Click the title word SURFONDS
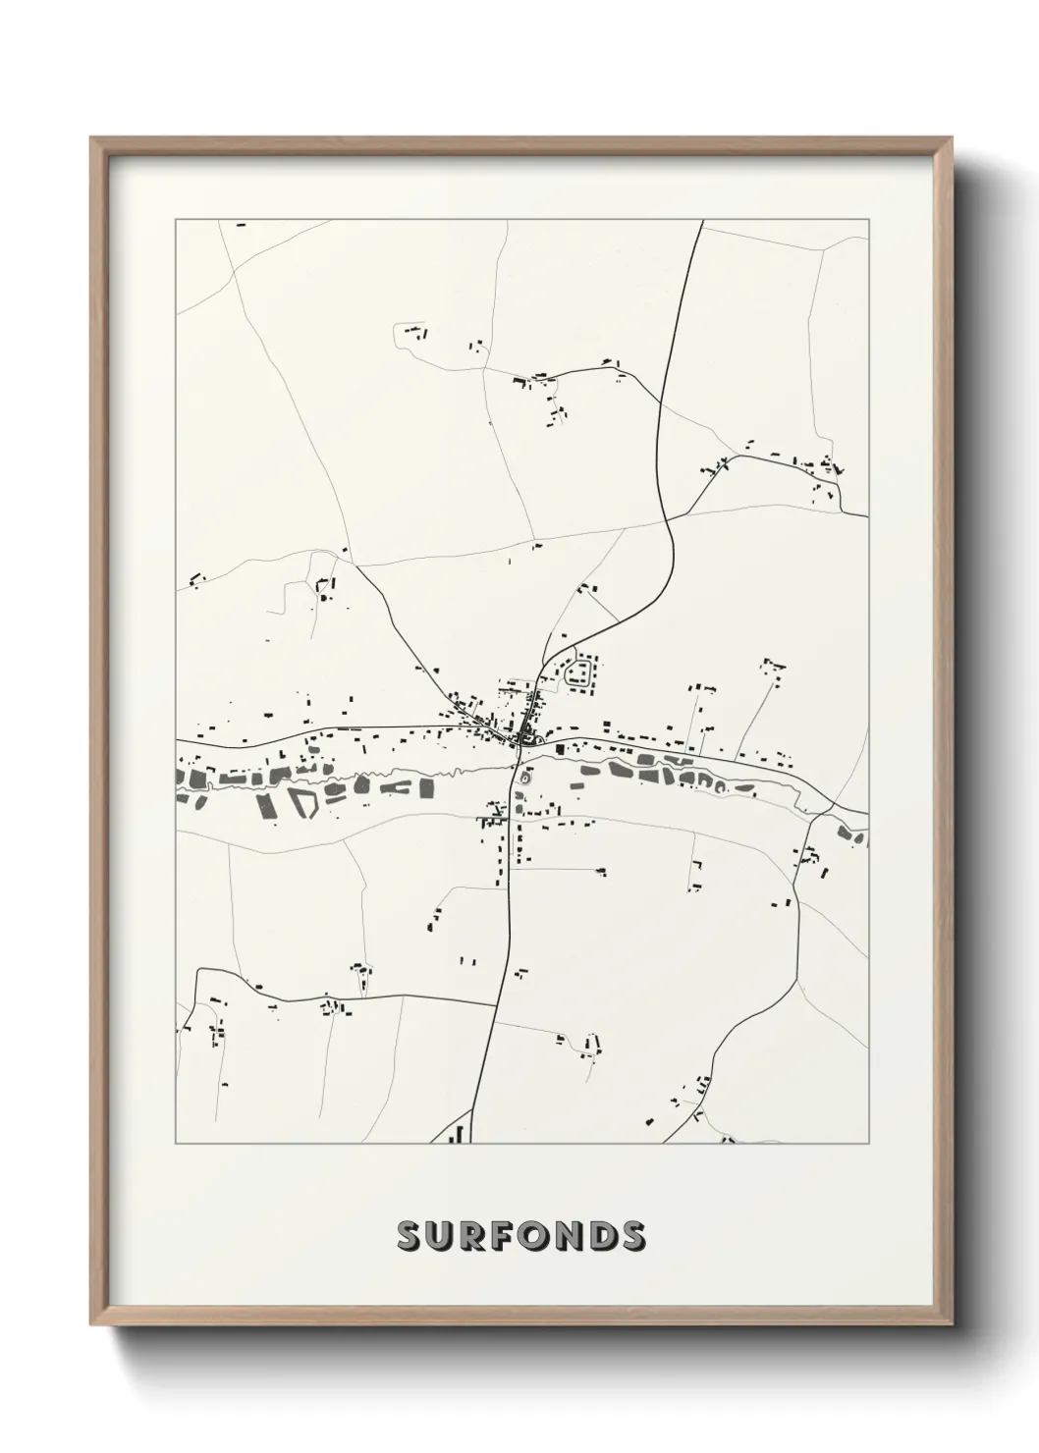tap(520, 1236)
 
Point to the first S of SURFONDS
tap(408, 1236)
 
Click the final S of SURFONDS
tap(633, 1236)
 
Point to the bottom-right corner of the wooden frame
tap(952, 1322)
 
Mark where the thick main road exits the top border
tap(703, 221)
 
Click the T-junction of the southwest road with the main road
tap(497, 1005)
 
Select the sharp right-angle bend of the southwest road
tap(199, 971)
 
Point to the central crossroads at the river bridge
tap(518, 746)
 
